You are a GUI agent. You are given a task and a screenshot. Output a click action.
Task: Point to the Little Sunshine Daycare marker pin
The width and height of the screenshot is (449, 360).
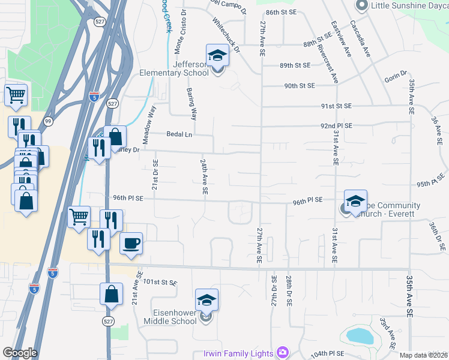[361, 6]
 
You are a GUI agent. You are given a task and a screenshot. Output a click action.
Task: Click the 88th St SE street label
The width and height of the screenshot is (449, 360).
[318, 44]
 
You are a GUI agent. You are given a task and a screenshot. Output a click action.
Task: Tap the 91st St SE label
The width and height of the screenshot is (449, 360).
[336, 106]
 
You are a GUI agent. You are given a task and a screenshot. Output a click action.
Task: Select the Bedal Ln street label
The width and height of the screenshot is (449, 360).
[179, 134]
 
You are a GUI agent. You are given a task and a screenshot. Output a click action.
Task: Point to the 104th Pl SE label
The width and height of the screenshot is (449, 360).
[328, 355]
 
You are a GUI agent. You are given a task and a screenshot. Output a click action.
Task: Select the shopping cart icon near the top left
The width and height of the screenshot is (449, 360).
[16, 95]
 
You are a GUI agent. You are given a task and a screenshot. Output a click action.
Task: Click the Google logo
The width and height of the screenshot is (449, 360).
[20, 353]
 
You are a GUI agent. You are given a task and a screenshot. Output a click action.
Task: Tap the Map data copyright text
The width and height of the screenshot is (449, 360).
[423, 355]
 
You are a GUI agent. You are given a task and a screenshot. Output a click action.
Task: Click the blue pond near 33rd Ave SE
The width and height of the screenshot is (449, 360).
[358, 335]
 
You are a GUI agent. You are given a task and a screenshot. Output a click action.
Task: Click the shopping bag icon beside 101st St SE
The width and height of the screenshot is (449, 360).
[111, 295]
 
